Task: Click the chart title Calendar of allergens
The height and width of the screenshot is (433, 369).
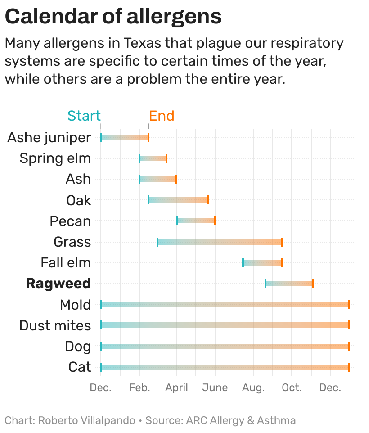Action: pyautogui.click(x=113, y=17)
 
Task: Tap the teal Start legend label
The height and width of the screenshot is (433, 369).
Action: pyautogui.click(x=84, y=116)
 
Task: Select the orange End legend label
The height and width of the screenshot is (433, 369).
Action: pyautogui.click(x=162, y=116)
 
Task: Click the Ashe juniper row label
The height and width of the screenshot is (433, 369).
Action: pyautogui.click(x=49, y=137)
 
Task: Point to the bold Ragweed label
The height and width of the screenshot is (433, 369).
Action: pyautogui.click(x=58, y=284)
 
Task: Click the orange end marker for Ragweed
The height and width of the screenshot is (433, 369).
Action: pyautogui.click(x=313, y=283)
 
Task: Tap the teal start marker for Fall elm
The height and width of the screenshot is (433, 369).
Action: pyautogui.click(x=243, y=262)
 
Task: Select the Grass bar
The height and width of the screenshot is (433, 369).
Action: pyautogui.click(x=220, y=242)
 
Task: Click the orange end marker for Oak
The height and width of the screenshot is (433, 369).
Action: pyautogui.click(x=208, y=200)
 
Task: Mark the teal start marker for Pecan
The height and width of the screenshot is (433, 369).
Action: pyautogui.click(x=177, y=221)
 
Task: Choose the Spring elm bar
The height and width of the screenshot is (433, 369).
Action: pyautogui.click(x=153, y=158)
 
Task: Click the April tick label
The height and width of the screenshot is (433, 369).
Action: pyautogui.click(x=176, y=388)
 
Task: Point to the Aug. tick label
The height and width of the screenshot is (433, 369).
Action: pyautogui.click(x=253, y=388)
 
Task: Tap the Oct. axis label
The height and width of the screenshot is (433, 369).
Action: pyautogui.click(x=292, y=388)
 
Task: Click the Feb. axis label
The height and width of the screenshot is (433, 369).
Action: pyautogui.click(x=139, y=388)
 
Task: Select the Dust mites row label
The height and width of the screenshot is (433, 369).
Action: pyautogui.click(x=55, y=325)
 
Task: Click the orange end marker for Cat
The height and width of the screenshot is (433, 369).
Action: pyautogui.click(x=349, y=367)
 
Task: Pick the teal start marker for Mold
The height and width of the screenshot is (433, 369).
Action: pyautogui.click(x=101, y=304)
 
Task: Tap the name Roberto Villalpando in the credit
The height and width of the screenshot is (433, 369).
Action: pyautogui.click(x=86, y=420)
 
